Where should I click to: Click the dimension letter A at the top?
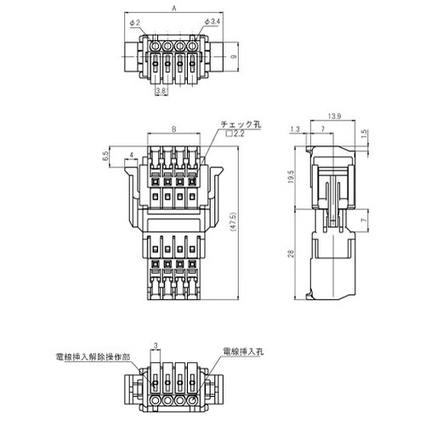[x=173, y=8]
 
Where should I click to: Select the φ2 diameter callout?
[x=136, y=22]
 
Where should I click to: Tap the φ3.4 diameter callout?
[x=212, y=22]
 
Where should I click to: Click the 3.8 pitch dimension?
[x=161, y=89]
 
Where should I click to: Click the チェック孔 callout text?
[x=241, y=124]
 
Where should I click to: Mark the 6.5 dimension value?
[x=105, y=156]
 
